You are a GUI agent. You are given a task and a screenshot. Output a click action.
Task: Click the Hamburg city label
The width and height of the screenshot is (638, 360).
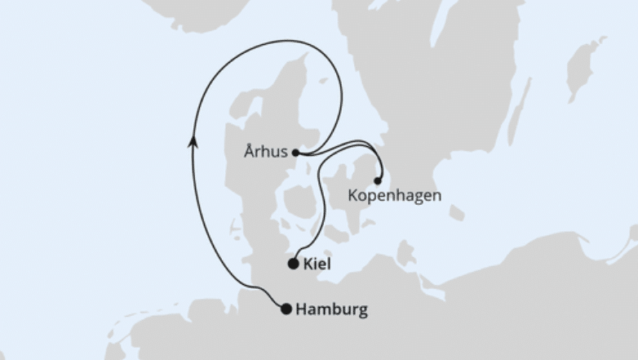(331, 309)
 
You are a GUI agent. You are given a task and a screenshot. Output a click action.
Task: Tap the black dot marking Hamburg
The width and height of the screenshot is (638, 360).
(286, 309)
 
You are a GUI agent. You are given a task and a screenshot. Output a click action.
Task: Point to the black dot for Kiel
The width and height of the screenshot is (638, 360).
(293, 264)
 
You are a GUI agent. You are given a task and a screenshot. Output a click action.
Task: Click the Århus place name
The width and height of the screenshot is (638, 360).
(265, 151)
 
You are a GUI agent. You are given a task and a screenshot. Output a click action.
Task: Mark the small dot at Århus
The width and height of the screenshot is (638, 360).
(295, 152)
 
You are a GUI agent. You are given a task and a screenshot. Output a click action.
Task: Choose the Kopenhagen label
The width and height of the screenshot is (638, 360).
(394, 196)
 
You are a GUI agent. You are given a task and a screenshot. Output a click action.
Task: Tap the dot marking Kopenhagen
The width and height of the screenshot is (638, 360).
(377, 180)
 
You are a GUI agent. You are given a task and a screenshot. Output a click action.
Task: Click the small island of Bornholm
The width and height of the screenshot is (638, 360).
(457, 213)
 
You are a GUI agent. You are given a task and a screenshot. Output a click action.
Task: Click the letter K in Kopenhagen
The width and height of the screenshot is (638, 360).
(352, 196)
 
